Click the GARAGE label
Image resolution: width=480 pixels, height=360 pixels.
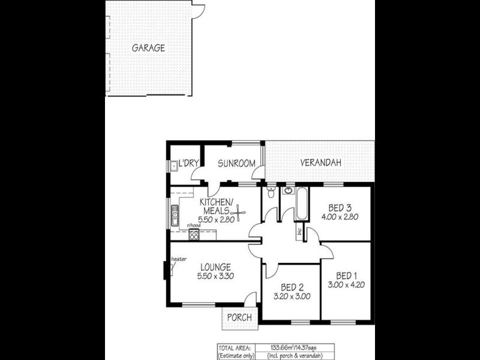[148, 48]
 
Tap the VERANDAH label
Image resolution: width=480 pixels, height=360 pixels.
[320, 163]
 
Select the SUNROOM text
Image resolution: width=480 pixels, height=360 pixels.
[236, 163]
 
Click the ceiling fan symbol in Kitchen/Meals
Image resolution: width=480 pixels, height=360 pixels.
[239, 212]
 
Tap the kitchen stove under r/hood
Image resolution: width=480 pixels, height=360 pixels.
[194, 235]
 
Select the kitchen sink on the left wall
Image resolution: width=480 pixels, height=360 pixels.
[175, 212]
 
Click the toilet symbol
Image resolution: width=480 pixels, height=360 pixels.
[272, 192]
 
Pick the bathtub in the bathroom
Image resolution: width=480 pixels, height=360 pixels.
[301, 204]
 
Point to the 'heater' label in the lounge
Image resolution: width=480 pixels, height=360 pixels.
[179, 259]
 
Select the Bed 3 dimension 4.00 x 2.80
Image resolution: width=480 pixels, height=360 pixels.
[340, 217]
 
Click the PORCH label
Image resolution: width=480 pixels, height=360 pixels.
[239, 317]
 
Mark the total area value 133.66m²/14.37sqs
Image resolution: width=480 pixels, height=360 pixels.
[293, 347]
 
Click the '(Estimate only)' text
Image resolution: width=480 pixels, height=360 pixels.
[235, 355]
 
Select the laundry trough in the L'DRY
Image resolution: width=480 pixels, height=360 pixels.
[172, 165]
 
